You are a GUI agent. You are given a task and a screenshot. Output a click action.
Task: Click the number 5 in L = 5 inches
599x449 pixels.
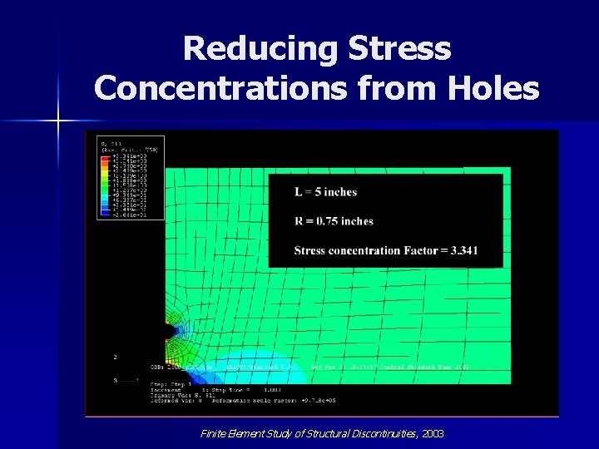coord(317,192)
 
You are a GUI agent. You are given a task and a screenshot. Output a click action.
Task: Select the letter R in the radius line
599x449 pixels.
coord(299,221)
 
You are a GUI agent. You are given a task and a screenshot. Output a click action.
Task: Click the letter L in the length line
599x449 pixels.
coord(298,192)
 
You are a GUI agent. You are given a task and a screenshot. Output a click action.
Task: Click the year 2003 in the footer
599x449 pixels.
coord(433,434)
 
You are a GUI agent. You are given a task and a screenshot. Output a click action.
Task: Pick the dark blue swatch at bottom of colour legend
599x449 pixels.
coord(105,214)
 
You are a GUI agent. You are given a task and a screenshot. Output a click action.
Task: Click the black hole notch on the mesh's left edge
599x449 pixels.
coord(168,331)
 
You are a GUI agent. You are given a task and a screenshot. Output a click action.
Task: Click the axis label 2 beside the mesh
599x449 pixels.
coord(115,356)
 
